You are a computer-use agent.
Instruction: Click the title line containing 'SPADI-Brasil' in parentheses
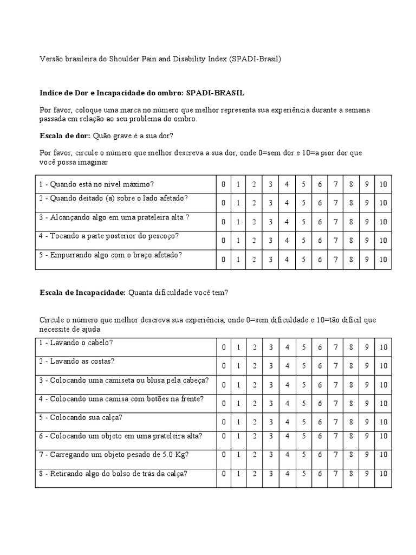pyautogui.click(x=161, y=59)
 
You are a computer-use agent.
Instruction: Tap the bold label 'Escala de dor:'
pyautogui.click(x=65, y=135)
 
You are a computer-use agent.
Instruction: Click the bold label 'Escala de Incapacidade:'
pyautogui.click(x=83, y=293)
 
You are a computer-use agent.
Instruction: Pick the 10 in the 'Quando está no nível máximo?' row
pyautogui.click(x=383, y=185)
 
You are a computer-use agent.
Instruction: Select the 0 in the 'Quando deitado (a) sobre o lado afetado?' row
pyautogui.click(x=223, y=203)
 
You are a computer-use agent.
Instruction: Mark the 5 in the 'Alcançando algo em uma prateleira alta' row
pyautogui.click(x=303, y=222)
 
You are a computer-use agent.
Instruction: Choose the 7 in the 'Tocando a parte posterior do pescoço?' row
pyautogui.click(x=336, y=241)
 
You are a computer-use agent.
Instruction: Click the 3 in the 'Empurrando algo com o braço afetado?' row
pyautogui.click(x=270, y=260)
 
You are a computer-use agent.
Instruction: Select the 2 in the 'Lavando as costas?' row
pyautogui.click(x=254, y=366)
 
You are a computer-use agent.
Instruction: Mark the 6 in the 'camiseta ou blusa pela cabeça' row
pyautogui.click(x=320, y=385)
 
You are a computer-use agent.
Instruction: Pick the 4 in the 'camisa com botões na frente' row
pyautogui.click(x=287, y=403)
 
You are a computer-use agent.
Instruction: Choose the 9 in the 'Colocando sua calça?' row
pyautogui.click(x=367, y=422)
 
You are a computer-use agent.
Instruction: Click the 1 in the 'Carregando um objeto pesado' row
pyautogui.click(x=238, y=455)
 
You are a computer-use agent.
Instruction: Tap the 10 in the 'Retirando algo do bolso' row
pyautogui.click(x=383, y=474)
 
